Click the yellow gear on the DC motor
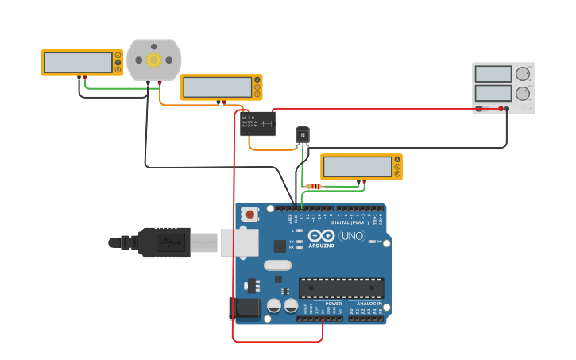tap(153, 60)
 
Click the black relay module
tap(257, 123)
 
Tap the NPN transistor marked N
tap(302, 135)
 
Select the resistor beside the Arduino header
tap(314, 187)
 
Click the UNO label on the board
tap(351, 236)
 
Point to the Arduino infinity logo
tap(322, 236)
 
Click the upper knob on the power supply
tap(522, 74)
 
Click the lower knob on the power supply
tap(522, 93)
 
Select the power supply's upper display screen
tap(493, 74)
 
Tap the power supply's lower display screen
tap(493, 93)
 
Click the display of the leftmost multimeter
tap(78, 62)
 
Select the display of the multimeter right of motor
tap(217, 87)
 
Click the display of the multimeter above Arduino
tap(357, 167)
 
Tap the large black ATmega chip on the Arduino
tap(341, 288)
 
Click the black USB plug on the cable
tap(164, 242)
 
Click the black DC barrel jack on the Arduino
tap(245, 309)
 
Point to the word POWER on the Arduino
tap(334, 303)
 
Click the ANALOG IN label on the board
tap(369, 303)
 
